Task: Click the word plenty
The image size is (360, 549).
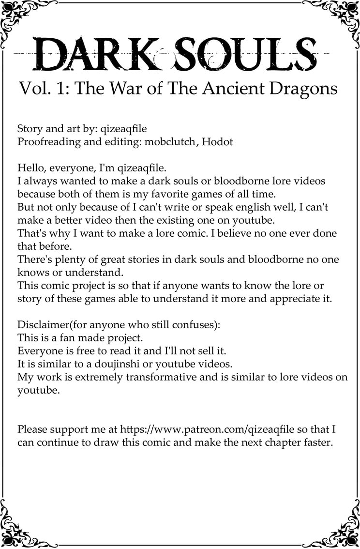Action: tap(71, 259)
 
